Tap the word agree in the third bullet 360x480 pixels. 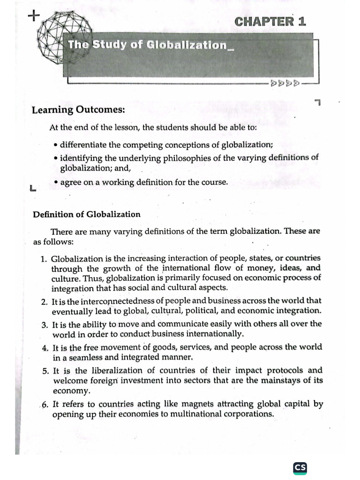point(70,182)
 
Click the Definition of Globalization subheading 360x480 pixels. point(87,214)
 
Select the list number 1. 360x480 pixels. point(44,258)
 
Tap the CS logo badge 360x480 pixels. point(300,467)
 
